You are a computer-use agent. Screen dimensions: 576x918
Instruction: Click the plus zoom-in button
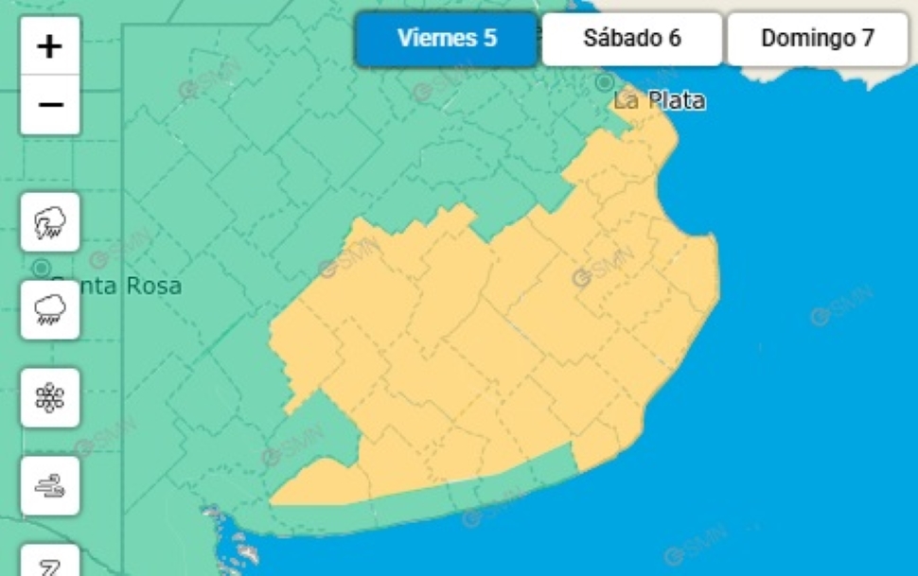point(50,46)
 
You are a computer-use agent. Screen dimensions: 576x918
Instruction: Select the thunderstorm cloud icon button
point(50,222)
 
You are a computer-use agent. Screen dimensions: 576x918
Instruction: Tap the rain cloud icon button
point(50,309)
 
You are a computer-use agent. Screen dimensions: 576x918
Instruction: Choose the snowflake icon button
point(50,397)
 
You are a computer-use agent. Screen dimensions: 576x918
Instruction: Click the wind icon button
point(50,485)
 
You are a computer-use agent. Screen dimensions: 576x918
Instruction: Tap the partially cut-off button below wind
point(50,563)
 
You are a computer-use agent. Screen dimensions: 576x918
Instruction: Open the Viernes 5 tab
point(447,39)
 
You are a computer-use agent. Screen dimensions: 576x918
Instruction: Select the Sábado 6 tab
point(631,39)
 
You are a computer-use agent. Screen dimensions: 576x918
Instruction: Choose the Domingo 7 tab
point(817,39)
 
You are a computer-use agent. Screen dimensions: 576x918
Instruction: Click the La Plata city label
point(660,100)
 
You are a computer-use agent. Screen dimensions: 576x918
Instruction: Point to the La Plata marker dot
point(605,83)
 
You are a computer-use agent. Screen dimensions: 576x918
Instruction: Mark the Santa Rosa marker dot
point(42,269)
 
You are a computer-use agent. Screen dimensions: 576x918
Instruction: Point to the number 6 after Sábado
point(674,39)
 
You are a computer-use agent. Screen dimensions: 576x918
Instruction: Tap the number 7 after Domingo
point(867,39)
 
